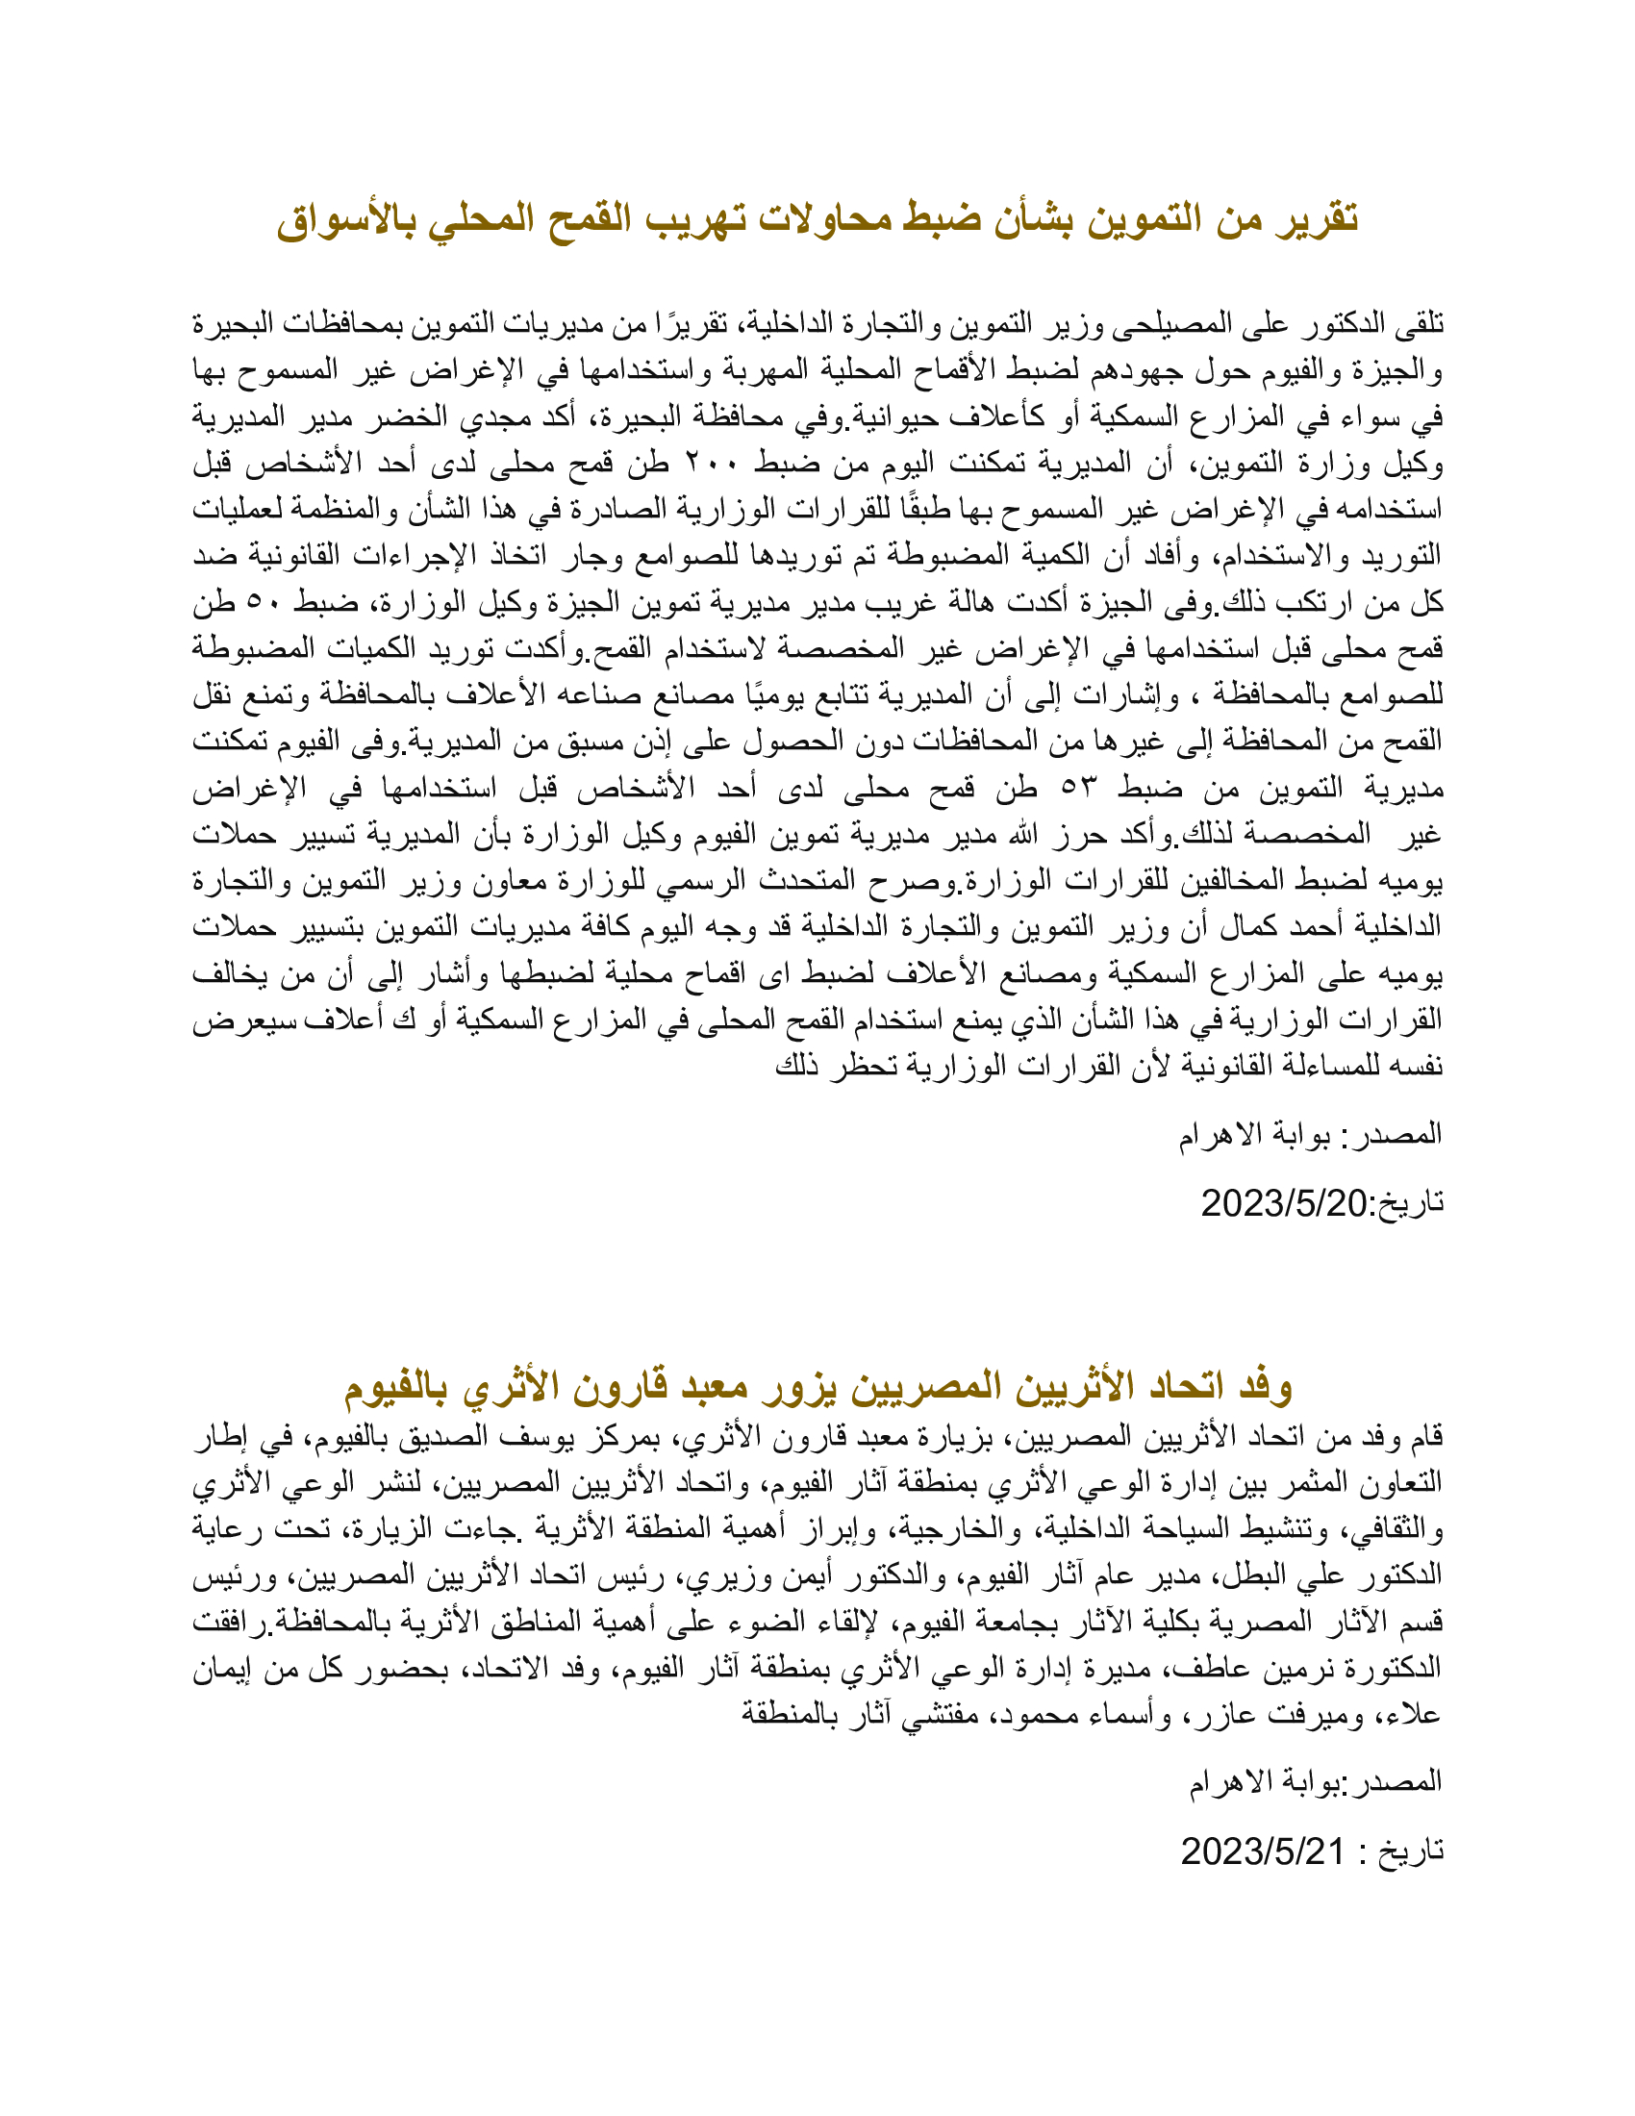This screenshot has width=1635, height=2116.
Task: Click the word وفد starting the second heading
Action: (x=1266, y=1387)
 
